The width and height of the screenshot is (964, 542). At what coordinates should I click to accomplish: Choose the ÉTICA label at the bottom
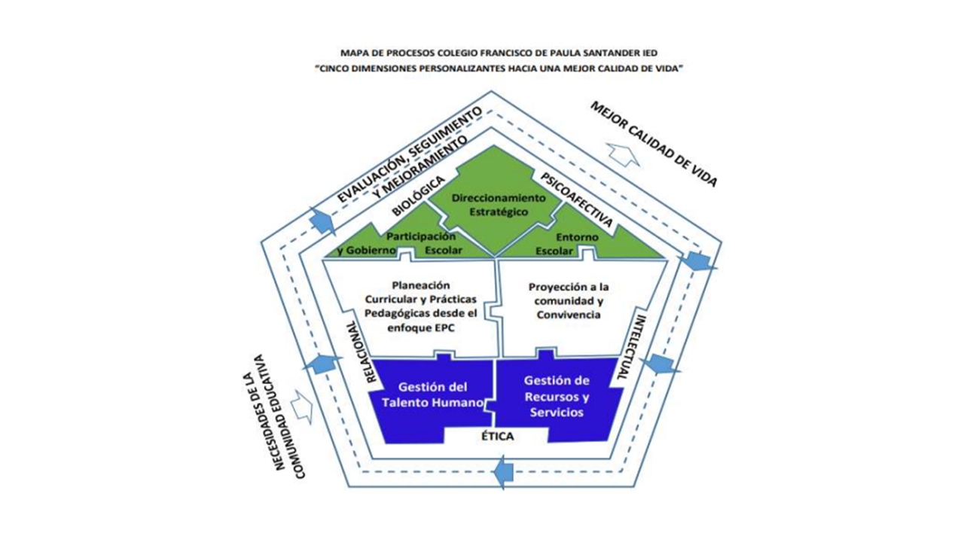click(x=497, y=437)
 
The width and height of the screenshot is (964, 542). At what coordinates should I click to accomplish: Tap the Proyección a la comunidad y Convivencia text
click(x=569, y=301)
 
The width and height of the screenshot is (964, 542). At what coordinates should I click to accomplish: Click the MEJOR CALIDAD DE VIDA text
click(x=654, y=142)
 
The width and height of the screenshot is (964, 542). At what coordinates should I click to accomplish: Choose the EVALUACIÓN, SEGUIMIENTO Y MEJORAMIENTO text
click(x=407, y=155)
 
